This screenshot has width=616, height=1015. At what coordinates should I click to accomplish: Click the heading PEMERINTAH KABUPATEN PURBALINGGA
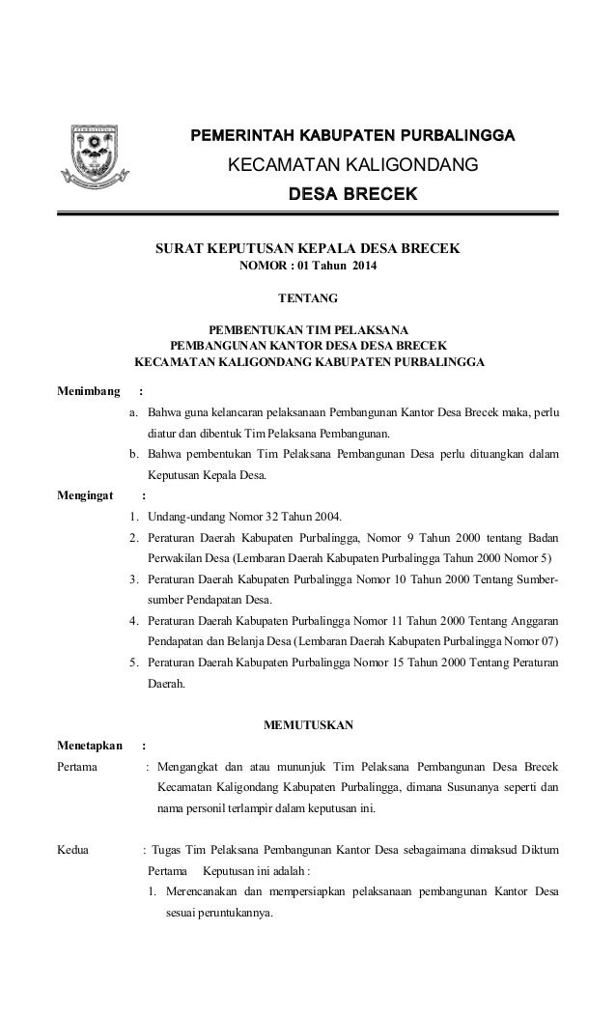tap(352, 134)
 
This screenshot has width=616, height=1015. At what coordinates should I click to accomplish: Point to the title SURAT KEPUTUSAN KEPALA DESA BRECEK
tap(309, 248)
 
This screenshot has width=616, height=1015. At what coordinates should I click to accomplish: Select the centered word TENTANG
tap(309, 298)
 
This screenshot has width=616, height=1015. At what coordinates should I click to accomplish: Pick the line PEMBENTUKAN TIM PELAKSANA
tap(309, 329)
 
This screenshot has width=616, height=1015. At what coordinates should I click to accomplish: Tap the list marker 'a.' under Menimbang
tap(134, 413)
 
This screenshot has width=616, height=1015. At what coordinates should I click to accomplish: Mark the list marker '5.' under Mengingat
tap(134, 662)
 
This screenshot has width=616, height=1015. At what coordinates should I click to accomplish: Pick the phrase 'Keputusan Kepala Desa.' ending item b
tap(206, 475)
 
